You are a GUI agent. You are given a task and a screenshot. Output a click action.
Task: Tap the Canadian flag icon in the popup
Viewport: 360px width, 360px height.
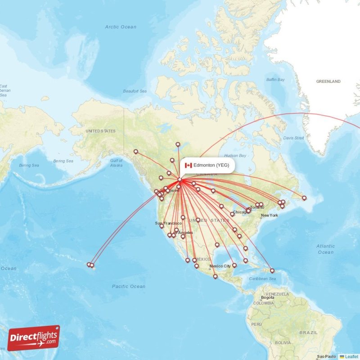[189, 165]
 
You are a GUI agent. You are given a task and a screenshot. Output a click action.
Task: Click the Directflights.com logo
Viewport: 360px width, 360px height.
[33, 338]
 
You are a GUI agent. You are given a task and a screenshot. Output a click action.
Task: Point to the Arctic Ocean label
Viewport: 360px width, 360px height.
[121, 27]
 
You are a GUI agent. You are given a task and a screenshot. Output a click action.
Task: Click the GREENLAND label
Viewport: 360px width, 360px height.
[328, 81]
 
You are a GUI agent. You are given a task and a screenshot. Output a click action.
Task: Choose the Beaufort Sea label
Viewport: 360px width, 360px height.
[135, 91]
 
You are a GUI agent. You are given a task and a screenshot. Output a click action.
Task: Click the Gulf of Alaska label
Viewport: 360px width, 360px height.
[116, 163]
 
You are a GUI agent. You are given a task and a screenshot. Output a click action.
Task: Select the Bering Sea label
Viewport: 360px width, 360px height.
[63, 161]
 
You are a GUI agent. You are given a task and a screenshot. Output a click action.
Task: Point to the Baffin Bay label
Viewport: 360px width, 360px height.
[275, 80]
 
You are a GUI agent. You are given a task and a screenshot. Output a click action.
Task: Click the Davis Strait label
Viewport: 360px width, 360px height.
[293, 138]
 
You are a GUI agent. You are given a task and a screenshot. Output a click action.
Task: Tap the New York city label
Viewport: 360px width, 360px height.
[270, 216]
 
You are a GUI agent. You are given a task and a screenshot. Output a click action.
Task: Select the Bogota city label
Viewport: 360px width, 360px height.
[267, 298]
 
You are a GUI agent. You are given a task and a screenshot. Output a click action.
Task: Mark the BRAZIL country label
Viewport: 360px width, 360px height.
[308, 333]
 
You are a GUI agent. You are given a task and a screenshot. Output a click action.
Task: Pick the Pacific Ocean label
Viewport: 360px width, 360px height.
[129, 286]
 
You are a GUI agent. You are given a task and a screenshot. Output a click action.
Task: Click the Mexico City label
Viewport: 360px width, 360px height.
[220, 266]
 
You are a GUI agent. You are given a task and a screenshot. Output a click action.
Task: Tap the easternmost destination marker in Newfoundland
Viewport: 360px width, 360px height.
[304, 198]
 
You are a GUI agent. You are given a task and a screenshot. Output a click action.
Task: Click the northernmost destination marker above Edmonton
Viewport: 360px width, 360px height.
[178, 144]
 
